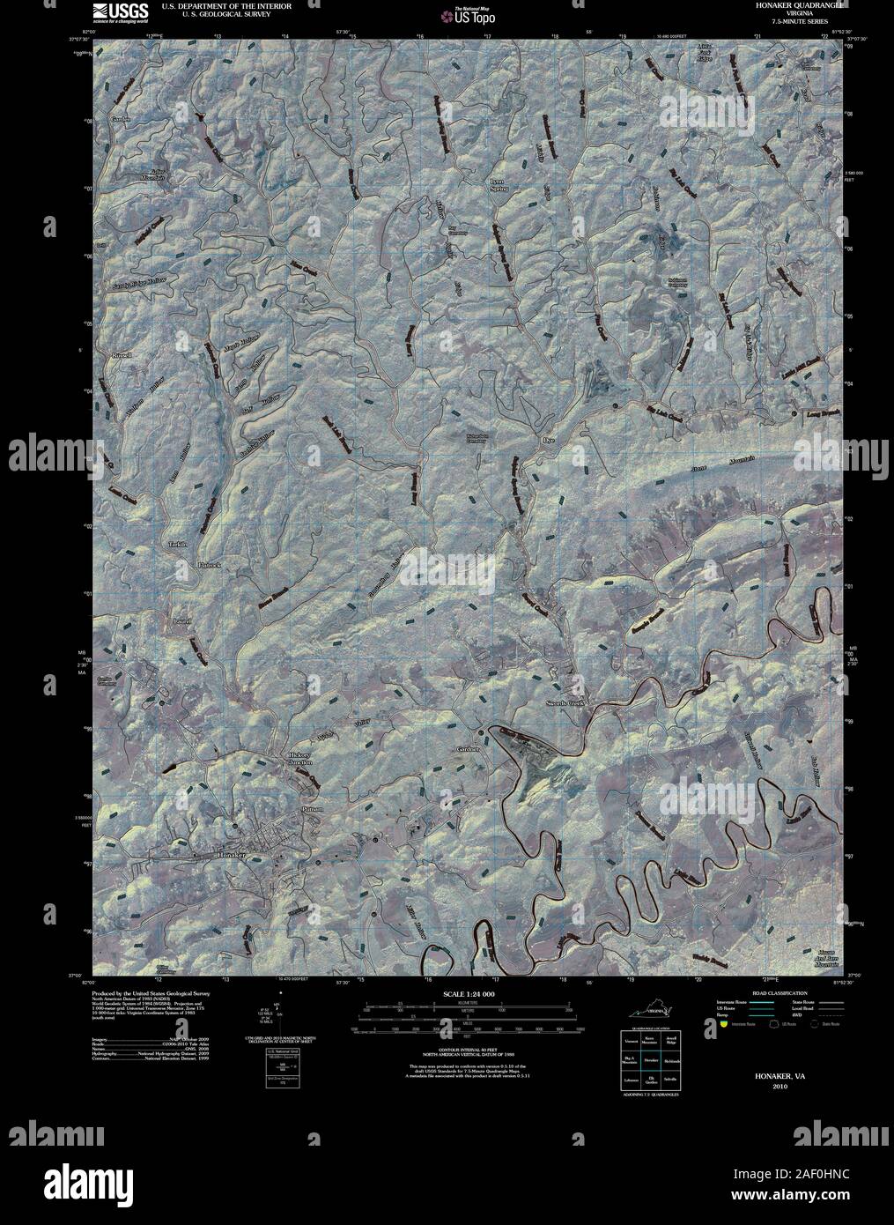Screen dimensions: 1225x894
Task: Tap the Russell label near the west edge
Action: tap(122, 354)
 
